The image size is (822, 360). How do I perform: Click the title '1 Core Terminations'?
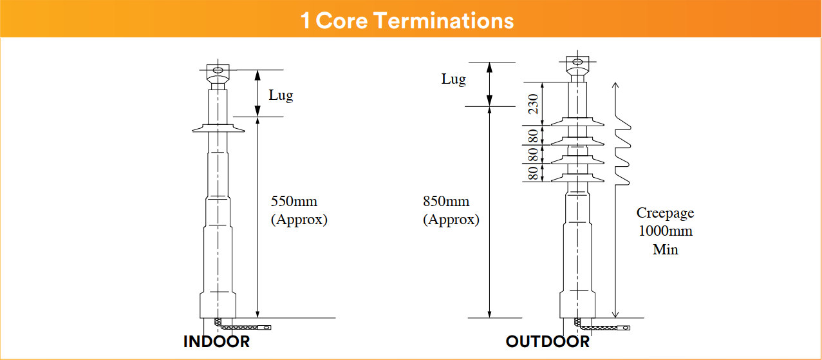[407, 20]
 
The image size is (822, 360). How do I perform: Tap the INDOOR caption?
[216, 342]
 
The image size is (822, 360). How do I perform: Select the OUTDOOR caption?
[548, 342]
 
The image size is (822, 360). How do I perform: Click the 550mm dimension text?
[294, 201]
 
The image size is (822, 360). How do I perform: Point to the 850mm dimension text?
[446, 201]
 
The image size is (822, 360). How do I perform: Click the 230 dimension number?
[533, 104]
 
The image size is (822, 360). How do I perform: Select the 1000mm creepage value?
[666, 231]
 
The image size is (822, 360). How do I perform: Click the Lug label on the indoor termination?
[281, 95]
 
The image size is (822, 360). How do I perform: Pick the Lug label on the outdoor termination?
[454, 79]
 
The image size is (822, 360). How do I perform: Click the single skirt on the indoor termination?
[218, 128]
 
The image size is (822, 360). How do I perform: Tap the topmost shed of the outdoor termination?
[577, 122]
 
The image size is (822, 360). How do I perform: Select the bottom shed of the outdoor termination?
[577, 178]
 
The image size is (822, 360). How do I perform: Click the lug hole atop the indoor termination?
[218, 70]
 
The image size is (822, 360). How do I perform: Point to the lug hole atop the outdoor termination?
[577, 62]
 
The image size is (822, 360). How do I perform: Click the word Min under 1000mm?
[666, 249]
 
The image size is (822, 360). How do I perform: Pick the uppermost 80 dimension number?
[533, 136]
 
